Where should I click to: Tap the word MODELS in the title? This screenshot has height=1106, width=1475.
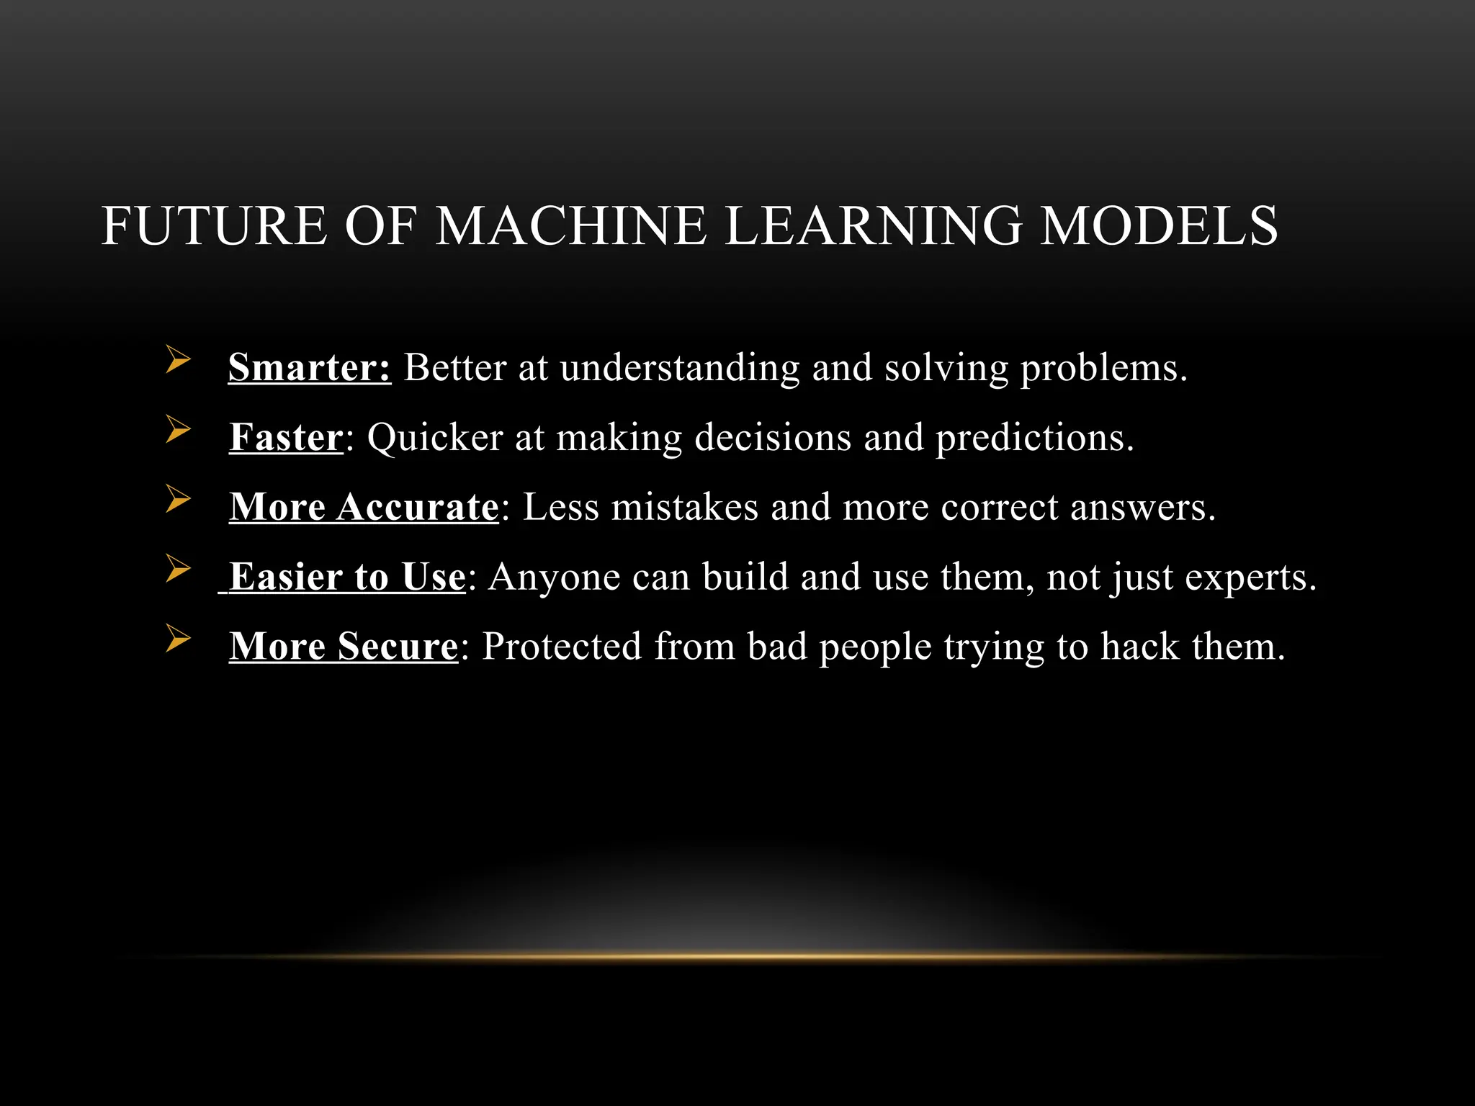(x=1159, y=226)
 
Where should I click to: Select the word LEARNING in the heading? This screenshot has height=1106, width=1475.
(x=872, y=226)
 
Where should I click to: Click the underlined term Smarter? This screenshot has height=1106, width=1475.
(x=310, y=368)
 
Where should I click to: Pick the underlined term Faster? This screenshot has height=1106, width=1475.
(x=286, y=438)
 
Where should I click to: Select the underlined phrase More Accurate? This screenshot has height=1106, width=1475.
(x=364, y=507)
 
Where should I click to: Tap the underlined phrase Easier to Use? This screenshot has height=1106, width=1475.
(x=347, y=577)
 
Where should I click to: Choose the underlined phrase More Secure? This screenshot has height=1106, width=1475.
(x=344, y=647)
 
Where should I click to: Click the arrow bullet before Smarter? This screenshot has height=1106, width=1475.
(x=178, y=359)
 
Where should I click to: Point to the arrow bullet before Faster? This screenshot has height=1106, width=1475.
(x=178, y=429)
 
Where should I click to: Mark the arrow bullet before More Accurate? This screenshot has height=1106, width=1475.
(x=178, y=499)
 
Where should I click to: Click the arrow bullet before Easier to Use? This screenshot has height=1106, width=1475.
(x=178, y=569)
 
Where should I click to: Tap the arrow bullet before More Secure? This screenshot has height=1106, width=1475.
(x=178, y=638)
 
